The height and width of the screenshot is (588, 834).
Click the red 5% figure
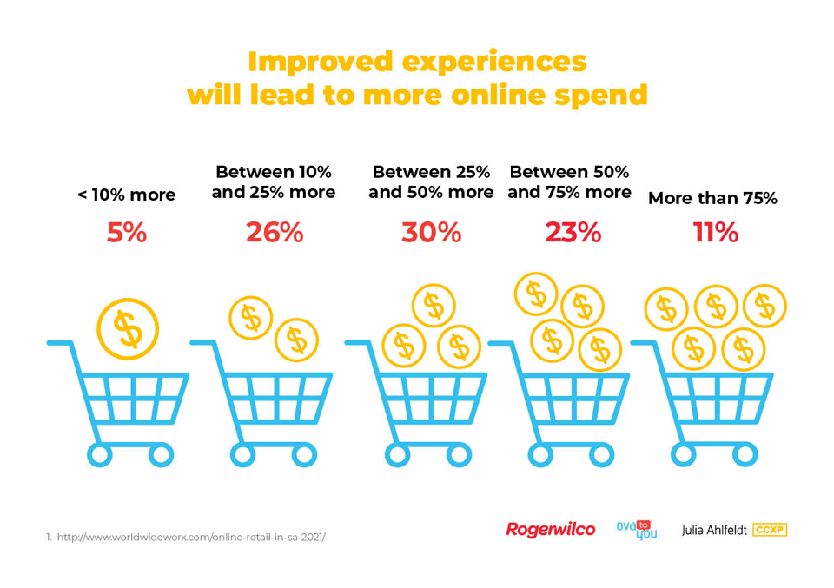127,233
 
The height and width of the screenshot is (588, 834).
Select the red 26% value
275,233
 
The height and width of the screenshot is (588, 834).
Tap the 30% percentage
432,233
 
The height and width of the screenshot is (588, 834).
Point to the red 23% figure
573,233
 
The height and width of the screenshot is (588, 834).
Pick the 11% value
715,233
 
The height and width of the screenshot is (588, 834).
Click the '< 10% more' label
127,195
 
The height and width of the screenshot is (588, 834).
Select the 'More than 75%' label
712,198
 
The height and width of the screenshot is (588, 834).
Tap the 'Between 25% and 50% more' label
431,182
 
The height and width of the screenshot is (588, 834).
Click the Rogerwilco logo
551,530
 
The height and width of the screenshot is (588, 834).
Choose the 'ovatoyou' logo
637,530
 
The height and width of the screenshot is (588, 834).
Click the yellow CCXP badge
770,530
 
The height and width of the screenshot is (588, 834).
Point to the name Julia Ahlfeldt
714,530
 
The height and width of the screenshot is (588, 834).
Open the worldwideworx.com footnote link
191,538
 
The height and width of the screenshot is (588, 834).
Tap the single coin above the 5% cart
128,329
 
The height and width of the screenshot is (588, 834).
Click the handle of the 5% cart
58,343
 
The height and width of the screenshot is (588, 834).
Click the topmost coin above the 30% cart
434,306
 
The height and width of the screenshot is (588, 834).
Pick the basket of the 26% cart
274,398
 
